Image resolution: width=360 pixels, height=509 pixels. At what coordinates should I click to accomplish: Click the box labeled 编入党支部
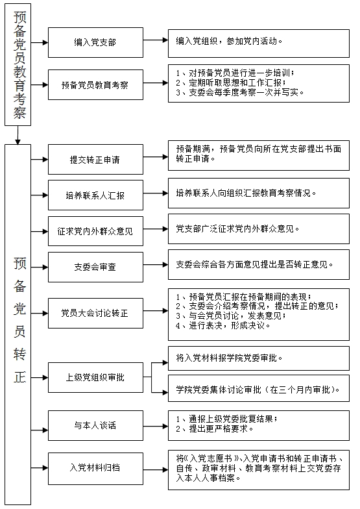pos(95,43)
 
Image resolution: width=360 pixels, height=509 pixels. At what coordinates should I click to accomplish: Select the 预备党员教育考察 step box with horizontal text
pos(95,84)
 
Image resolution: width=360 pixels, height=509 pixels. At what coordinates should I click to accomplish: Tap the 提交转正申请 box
pos(95,160)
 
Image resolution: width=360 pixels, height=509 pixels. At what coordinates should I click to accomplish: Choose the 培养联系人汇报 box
pos(95,195)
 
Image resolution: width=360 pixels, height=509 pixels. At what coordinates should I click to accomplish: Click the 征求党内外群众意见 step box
pos(95,231)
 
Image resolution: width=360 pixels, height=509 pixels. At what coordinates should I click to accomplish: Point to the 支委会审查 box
pos(95,267)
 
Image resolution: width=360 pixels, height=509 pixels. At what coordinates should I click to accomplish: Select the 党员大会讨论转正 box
pos(95,313)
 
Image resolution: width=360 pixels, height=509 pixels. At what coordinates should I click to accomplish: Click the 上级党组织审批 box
pos(95,378)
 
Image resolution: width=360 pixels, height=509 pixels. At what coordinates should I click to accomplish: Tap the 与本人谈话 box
pos(95,426)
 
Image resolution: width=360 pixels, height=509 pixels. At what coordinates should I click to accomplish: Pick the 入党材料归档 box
pos(95,467)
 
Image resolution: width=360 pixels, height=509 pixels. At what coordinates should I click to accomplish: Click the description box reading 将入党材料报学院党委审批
pos(258,358)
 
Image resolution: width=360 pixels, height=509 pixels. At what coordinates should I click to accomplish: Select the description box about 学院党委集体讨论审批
pos(258,388)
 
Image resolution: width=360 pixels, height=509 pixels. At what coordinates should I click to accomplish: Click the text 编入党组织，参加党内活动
pos(229,42)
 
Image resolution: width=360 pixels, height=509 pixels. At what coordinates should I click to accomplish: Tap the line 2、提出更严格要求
pos(214,428)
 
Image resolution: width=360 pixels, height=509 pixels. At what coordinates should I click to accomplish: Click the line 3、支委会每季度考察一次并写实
pos(240,92)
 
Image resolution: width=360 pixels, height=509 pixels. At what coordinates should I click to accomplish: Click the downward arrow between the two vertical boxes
pos(18,135)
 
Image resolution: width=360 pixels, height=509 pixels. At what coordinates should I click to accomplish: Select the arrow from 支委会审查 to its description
pos(156,265)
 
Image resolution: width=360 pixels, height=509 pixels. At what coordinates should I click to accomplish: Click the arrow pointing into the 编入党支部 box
pos(40,43)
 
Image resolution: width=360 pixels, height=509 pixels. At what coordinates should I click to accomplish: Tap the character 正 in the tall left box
pos(19,377)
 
